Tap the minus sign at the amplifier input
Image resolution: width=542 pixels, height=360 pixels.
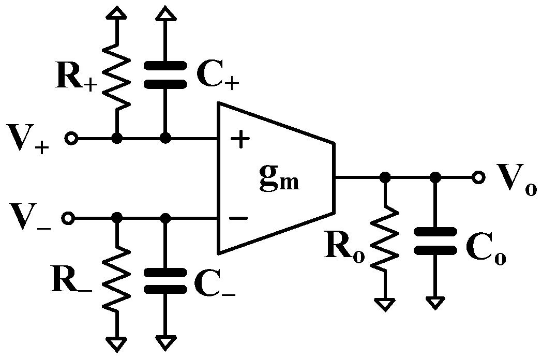(x=238, y=218)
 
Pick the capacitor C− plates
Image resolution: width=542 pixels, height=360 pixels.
(x=165, y=281)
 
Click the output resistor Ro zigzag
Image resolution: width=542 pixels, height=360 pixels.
(x=384, y=239)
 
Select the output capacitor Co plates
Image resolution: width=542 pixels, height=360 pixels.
(x=435, y=242)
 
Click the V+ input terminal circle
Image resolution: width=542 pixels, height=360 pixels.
(x=71, y=139)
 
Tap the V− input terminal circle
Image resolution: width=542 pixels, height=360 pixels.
(x=68, y=218)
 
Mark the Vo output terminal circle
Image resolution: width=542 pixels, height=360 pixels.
(x=478, y=177)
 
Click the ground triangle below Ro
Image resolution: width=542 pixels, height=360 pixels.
(x=384, y=304)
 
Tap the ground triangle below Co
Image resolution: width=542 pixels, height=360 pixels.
(x=435, y=302)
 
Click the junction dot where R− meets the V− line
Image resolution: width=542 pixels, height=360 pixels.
(x=117, y=218)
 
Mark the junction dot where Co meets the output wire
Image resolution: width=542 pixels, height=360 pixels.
(x=435, y=177)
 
